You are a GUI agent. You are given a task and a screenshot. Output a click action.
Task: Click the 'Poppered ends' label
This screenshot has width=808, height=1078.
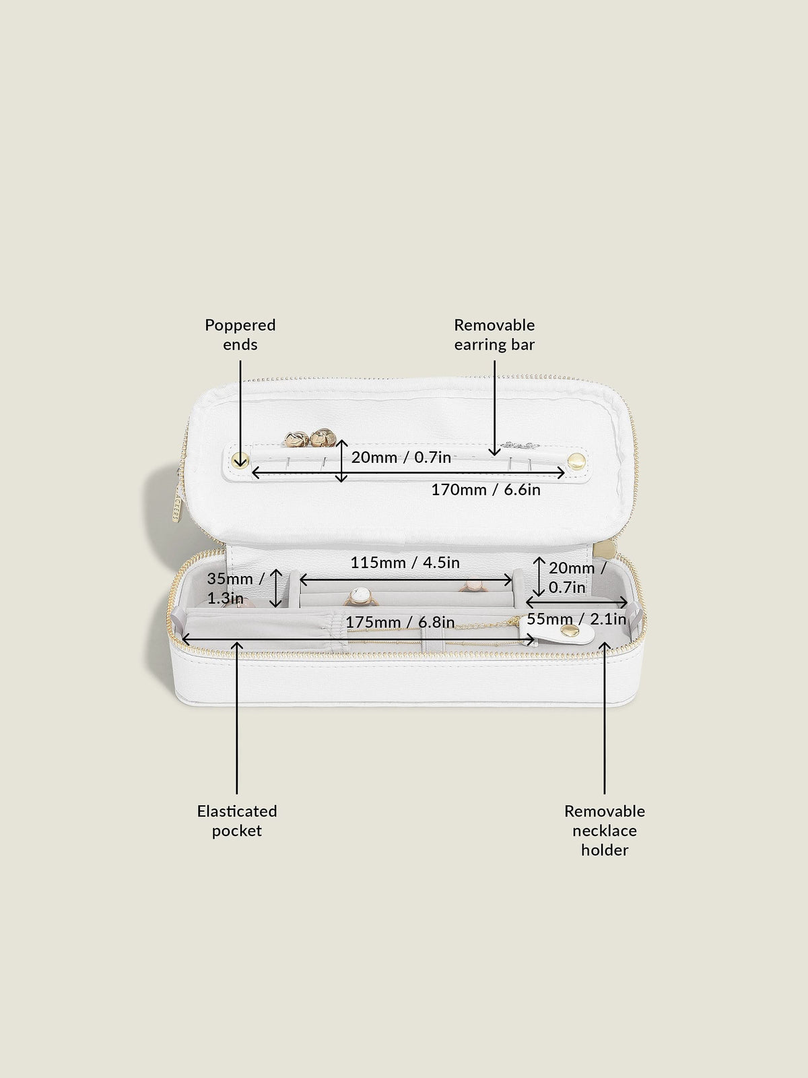(240, 334)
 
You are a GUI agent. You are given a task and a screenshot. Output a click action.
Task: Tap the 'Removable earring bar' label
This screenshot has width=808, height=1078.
(494, 334)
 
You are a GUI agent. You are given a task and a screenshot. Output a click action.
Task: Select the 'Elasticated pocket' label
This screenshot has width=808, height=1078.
(237, 821)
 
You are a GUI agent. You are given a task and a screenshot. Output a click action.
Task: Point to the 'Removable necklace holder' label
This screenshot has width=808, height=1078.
(605, 831)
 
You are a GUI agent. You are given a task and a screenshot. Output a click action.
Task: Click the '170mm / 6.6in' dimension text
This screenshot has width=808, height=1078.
(485, 490)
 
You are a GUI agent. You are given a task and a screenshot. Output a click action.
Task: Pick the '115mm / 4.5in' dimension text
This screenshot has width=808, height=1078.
(405, 563)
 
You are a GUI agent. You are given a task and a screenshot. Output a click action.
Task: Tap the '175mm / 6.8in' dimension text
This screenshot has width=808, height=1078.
(400, 623)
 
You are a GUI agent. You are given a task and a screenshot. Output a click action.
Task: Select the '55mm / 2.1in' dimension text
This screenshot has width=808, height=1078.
(576, 619)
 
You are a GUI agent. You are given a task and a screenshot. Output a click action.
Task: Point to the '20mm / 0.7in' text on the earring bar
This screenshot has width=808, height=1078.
(401, 457)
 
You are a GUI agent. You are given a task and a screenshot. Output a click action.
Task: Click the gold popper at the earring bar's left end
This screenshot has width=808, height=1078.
(240, 459)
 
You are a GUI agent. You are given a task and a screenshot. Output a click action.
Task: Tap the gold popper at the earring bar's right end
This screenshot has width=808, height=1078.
(576, 461)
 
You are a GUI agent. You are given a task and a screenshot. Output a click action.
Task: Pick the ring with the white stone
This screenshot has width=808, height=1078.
(361, 598)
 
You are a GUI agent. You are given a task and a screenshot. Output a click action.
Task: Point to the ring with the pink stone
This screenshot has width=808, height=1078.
(471, 586)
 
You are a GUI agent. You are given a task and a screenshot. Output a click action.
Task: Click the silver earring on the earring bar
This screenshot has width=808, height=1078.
(519, 445)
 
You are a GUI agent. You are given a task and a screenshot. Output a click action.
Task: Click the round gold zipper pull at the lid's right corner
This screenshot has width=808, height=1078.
(607, 548)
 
